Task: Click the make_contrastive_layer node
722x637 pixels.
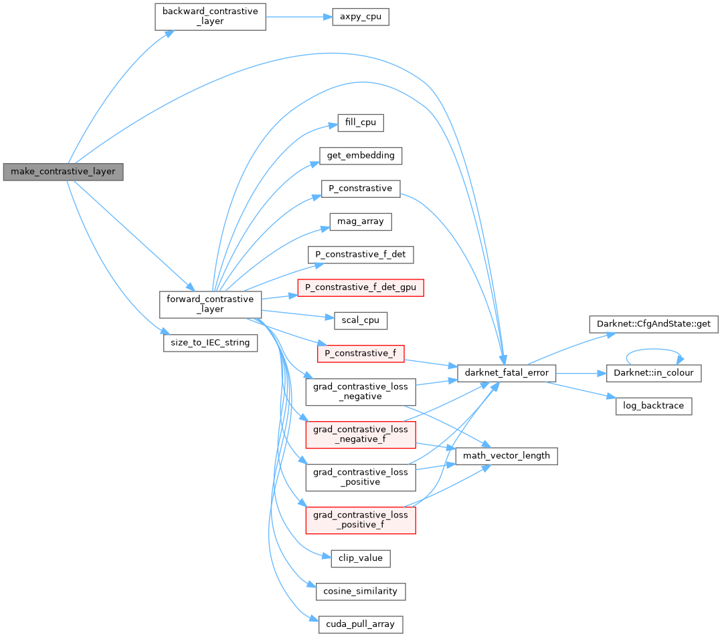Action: (63, 172)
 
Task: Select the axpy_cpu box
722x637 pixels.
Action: (361, 17)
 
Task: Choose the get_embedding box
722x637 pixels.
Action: (361, 156)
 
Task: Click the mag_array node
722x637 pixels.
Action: (361, 221)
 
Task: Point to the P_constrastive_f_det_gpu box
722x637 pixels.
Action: (361, 287)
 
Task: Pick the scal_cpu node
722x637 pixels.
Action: (361, 320)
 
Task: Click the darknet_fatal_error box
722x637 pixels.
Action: (506, 372)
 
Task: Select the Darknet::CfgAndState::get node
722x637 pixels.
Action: (653, 325)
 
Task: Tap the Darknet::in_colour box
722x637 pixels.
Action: (653, 372)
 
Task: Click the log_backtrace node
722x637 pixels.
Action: (653, 406)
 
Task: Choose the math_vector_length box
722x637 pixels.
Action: (506, 456)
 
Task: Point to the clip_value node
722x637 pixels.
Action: (361, 557)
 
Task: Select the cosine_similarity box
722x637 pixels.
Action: (361, 591)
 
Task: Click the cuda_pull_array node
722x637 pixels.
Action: (361, 624)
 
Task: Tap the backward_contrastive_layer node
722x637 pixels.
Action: (210, 17)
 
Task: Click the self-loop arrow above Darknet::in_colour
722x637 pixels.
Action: (653, 350)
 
